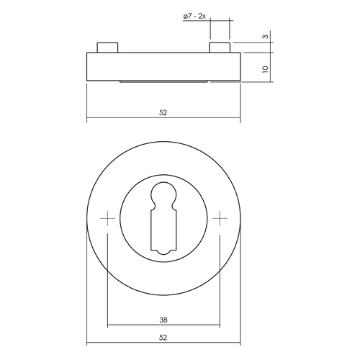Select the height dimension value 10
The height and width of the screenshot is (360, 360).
coord(265,69)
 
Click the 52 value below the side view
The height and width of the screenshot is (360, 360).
coord(163,112)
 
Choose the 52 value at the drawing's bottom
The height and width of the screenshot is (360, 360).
coord(163,336)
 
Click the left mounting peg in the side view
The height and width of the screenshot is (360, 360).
coord(107,48)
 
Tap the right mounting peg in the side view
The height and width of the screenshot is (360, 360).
coord(220,48)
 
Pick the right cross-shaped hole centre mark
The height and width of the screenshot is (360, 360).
coord(220,217)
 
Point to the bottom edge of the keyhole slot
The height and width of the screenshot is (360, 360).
coord(163,253)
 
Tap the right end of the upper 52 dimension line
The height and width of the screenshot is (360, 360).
coord(240,118)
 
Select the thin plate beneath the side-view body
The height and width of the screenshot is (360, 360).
coord(163,82)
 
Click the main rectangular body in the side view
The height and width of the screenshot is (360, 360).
coord(163,66)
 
